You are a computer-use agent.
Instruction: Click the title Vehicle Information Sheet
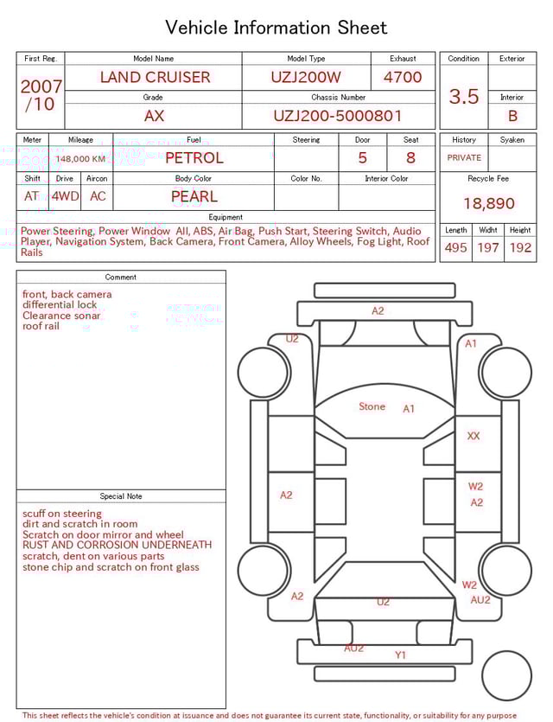coord(276,28)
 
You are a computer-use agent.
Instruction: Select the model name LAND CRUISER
coord(155,77)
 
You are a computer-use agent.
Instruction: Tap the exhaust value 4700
coord(403,77)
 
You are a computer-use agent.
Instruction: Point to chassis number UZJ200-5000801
coord(338,116)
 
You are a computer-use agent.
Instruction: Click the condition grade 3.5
coord(464,96)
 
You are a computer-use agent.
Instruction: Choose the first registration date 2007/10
coord(41,95)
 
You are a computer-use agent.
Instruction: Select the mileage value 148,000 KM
coord(81,159)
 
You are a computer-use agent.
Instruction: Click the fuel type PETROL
coord(194,158)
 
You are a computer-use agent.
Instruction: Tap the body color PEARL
coord(194,196)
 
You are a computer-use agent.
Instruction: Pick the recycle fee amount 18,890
coord(488,203)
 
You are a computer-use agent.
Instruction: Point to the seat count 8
coord(410,158)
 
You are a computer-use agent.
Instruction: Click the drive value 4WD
coord(65,196)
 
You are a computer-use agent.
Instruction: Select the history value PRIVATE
coord(464,158)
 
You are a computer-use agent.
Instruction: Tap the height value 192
coord(520,247)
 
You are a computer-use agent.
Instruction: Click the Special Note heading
coord(121,496)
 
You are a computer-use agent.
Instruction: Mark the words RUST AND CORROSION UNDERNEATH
coord(117,546)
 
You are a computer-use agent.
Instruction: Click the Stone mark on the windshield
coord(372,406)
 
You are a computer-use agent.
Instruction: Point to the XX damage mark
coord(474,437)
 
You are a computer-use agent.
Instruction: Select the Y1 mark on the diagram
coord(400,655)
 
